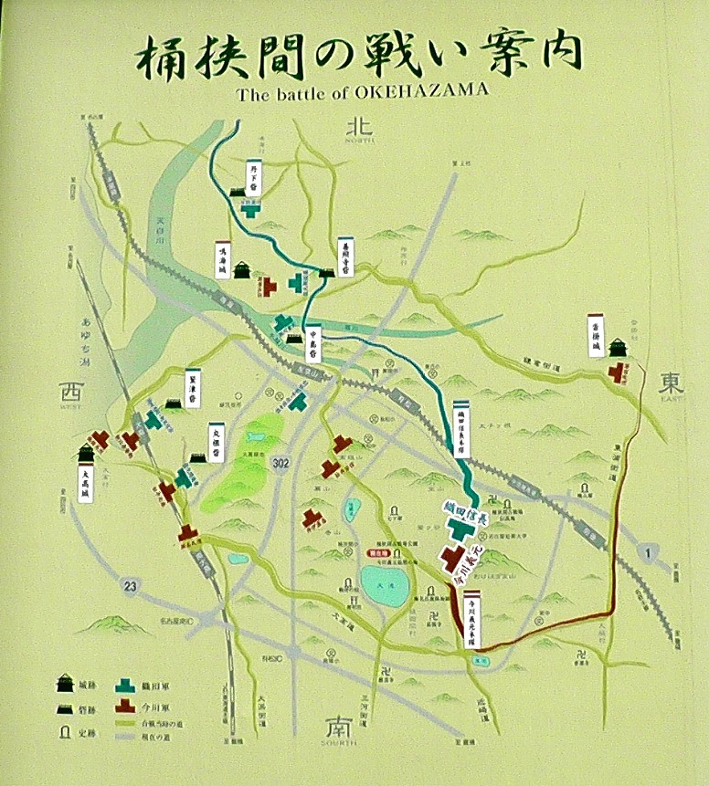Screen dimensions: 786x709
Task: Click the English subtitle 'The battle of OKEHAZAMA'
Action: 362,91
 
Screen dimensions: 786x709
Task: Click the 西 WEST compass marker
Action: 69,393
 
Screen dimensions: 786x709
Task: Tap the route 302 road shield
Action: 283,464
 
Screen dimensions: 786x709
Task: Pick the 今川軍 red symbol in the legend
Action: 126,706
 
